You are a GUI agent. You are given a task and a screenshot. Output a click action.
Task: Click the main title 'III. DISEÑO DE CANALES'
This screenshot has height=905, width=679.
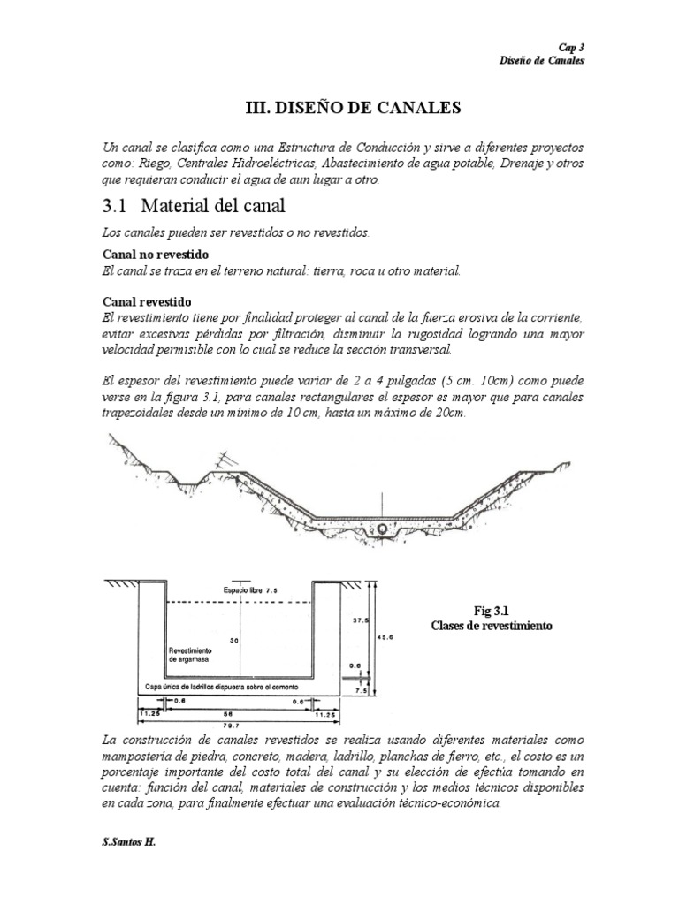tap(353, 108)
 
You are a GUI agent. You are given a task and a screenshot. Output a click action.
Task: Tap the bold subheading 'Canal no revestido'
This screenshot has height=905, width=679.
tap(156, 255)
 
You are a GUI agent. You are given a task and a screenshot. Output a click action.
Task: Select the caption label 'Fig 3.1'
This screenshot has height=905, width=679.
tap(492, 610)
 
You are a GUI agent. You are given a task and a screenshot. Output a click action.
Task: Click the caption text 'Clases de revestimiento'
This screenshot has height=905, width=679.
tap(492, 625)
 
